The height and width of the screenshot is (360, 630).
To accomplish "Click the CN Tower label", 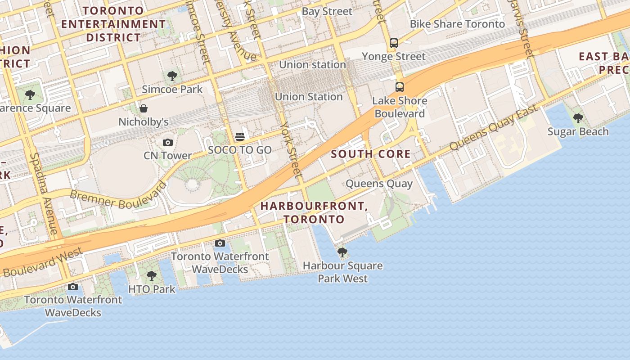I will point(168,156).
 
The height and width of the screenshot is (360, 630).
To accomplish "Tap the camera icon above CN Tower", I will point(168,143).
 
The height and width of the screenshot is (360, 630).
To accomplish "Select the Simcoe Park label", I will point(172,89).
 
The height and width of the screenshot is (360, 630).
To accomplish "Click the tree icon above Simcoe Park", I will point(172,76).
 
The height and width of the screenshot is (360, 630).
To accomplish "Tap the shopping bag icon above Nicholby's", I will point(144,108).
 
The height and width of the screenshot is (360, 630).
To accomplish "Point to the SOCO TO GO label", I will point(240,150).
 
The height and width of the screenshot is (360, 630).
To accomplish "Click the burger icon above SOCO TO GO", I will point(240,137).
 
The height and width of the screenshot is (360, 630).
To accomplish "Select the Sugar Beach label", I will point(578,132).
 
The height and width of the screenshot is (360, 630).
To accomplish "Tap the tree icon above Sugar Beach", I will point(578,119).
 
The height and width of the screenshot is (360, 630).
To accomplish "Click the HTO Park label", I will point(152,289).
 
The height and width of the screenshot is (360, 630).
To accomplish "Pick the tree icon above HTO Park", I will point(152,276).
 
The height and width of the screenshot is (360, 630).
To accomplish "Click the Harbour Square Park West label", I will point(343,272).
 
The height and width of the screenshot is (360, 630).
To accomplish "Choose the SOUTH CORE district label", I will point(371,154).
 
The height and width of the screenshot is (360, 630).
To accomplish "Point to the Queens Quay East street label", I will point(494,128).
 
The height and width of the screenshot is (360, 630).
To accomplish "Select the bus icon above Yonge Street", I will point(394,43).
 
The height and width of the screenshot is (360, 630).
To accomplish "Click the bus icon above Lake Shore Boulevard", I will point(400,87).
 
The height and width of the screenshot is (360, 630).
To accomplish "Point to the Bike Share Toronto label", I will point(457,24).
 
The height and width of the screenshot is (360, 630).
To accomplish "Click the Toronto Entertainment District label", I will point(113,24).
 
